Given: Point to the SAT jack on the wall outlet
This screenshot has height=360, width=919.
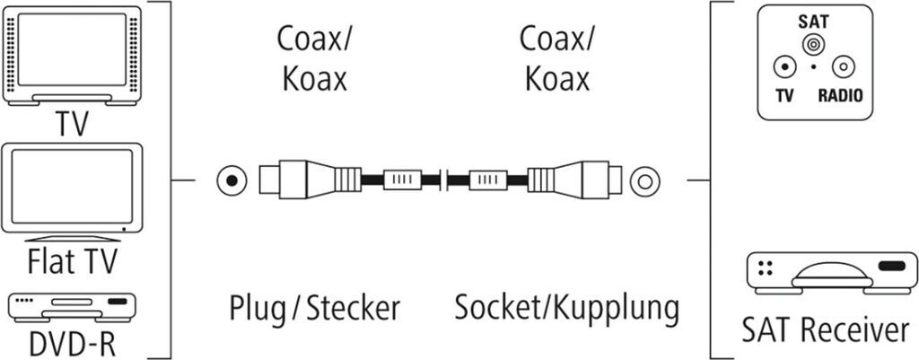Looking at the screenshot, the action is [814, 44].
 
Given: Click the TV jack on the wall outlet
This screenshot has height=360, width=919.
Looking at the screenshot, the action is [785, 66].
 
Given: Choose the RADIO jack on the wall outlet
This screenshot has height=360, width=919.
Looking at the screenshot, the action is [844, 66].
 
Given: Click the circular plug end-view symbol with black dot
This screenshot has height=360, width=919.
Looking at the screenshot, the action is [232, 181].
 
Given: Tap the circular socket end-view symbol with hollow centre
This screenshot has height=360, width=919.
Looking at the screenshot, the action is [643, 181].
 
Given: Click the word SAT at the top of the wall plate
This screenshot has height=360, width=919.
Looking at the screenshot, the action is [814, 21].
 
